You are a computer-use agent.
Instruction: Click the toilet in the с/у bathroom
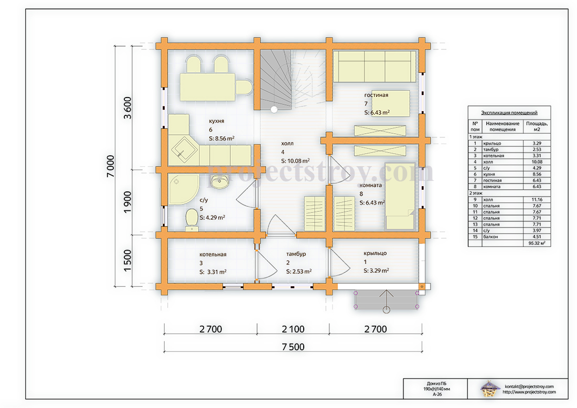tap(191, 220)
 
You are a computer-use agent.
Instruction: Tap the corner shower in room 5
tap(182, 188)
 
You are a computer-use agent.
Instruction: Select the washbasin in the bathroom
tap(220, 181)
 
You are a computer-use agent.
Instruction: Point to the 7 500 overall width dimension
tap(293, 347)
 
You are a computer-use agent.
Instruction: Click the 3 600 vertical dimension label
tap(127, 108)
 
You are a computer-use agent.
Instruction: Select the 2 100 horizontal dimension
tap(293, 329)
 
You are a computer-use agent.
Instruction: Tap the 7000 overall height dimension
tap(110, 166)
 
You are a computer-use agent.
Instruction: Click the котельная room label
tap(212, 254)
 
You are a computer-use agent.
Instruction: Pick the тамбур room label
tap(296, 254)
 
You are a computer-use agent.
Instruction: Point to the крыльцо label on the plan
tap(375, 253)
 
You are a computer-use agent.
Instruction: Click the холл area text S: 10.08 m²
tap(295, 161)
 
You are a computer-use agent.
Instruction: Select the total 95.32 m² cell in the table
tap(537, 243)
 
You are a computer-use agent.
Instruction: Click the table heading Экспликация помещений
tap(509, 113)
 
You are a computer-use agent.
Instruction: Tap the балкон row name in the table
tap(490, 237)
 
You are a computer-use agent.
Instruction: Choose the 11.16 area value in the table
tap(537, 199)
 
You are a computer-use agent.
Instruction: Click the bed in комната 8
tap(400, 196)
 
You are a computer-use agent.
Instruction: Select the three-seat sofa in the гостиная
tap(375, 66)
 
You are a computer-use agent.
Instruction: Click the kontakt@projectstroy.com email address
tap(529, 386)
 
